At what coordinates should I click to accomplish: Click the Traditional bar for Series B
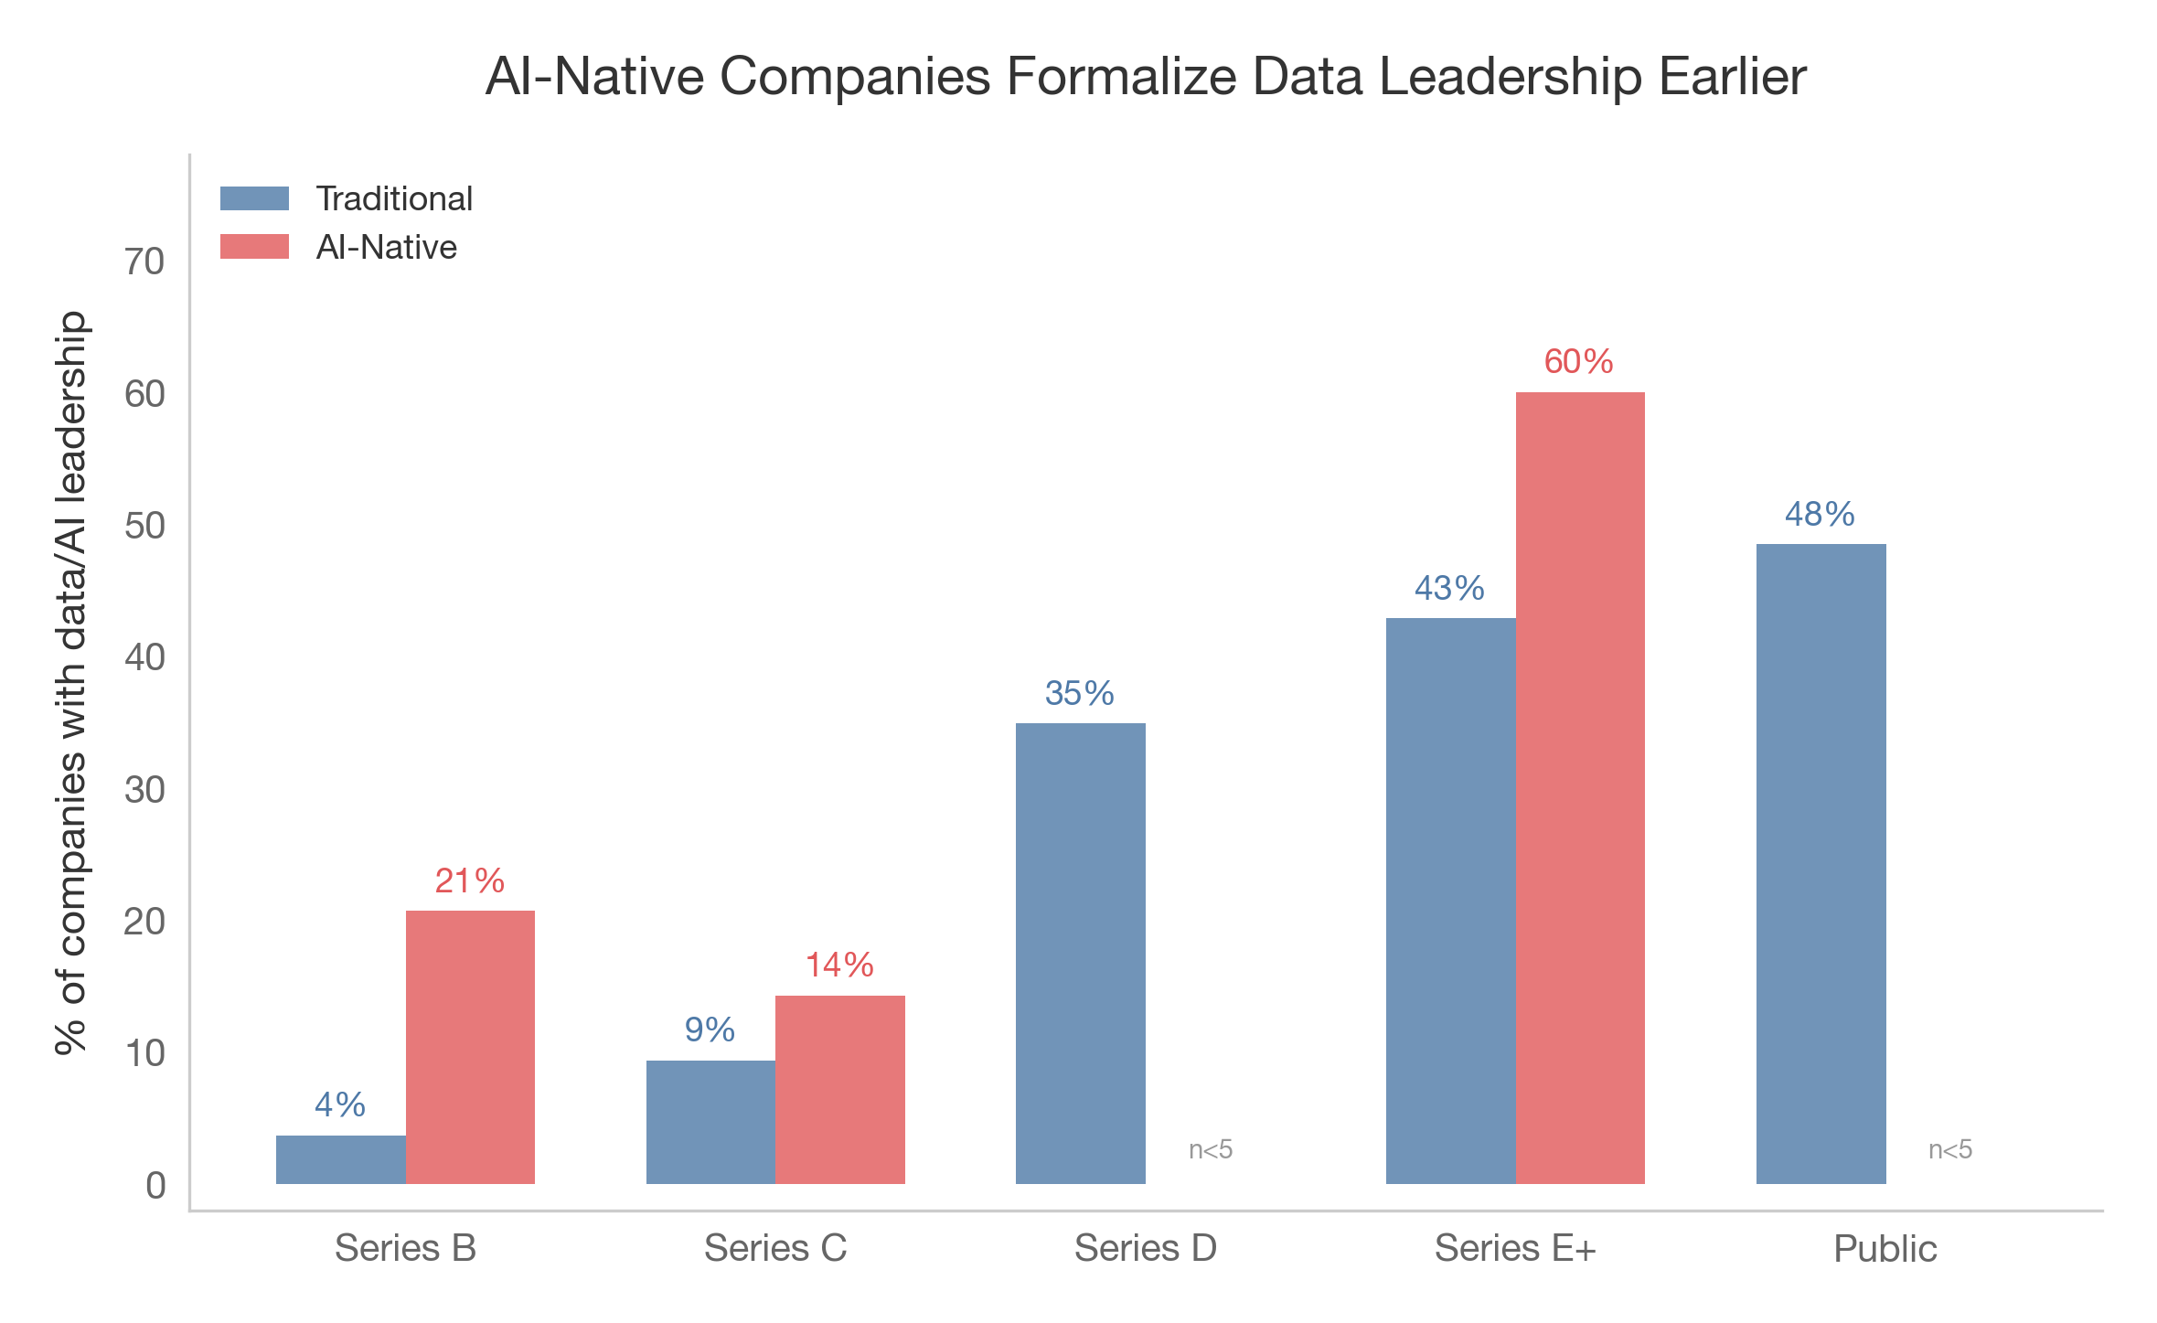pos(340,1159)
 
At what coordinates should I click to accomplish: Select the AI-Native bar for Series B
pos(470,1047)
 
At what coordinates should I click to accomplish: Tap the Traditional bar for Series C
pos(710,1122)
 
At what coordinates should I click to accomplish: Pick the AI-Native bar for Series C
pos(839,1090)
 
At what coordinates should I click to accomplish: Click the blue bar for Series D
pos(1080,954)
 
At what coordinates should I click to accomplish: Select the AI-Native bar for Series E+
pos(1579,788)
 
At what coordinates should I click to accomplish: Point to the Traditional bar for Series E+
pos(1450,901)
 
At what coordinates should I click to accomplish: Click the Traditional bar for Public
pos(1821,864)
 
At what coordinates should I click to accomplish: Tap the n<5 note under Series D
pos(1211,1149)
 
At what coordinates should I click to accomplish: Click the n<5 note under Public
pos(1950,1149)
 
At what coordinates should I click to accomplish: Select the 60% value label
pos(1578,362)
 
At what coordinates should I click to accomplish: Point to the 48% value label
pos(1820,515)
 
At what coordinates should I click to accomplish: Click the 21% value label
pos(469,881)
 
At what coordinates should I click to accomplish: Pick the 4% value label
pos(339,1105)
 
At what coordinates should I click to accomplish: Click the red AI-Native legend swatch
pos(254,247)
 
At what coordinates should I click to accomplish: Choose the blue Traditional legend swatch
pos(254,198)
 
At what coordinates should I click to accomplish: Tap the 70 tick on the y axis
pos(144,262)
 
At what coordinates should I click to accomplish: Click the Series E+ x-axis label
pos(1514,1248)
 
